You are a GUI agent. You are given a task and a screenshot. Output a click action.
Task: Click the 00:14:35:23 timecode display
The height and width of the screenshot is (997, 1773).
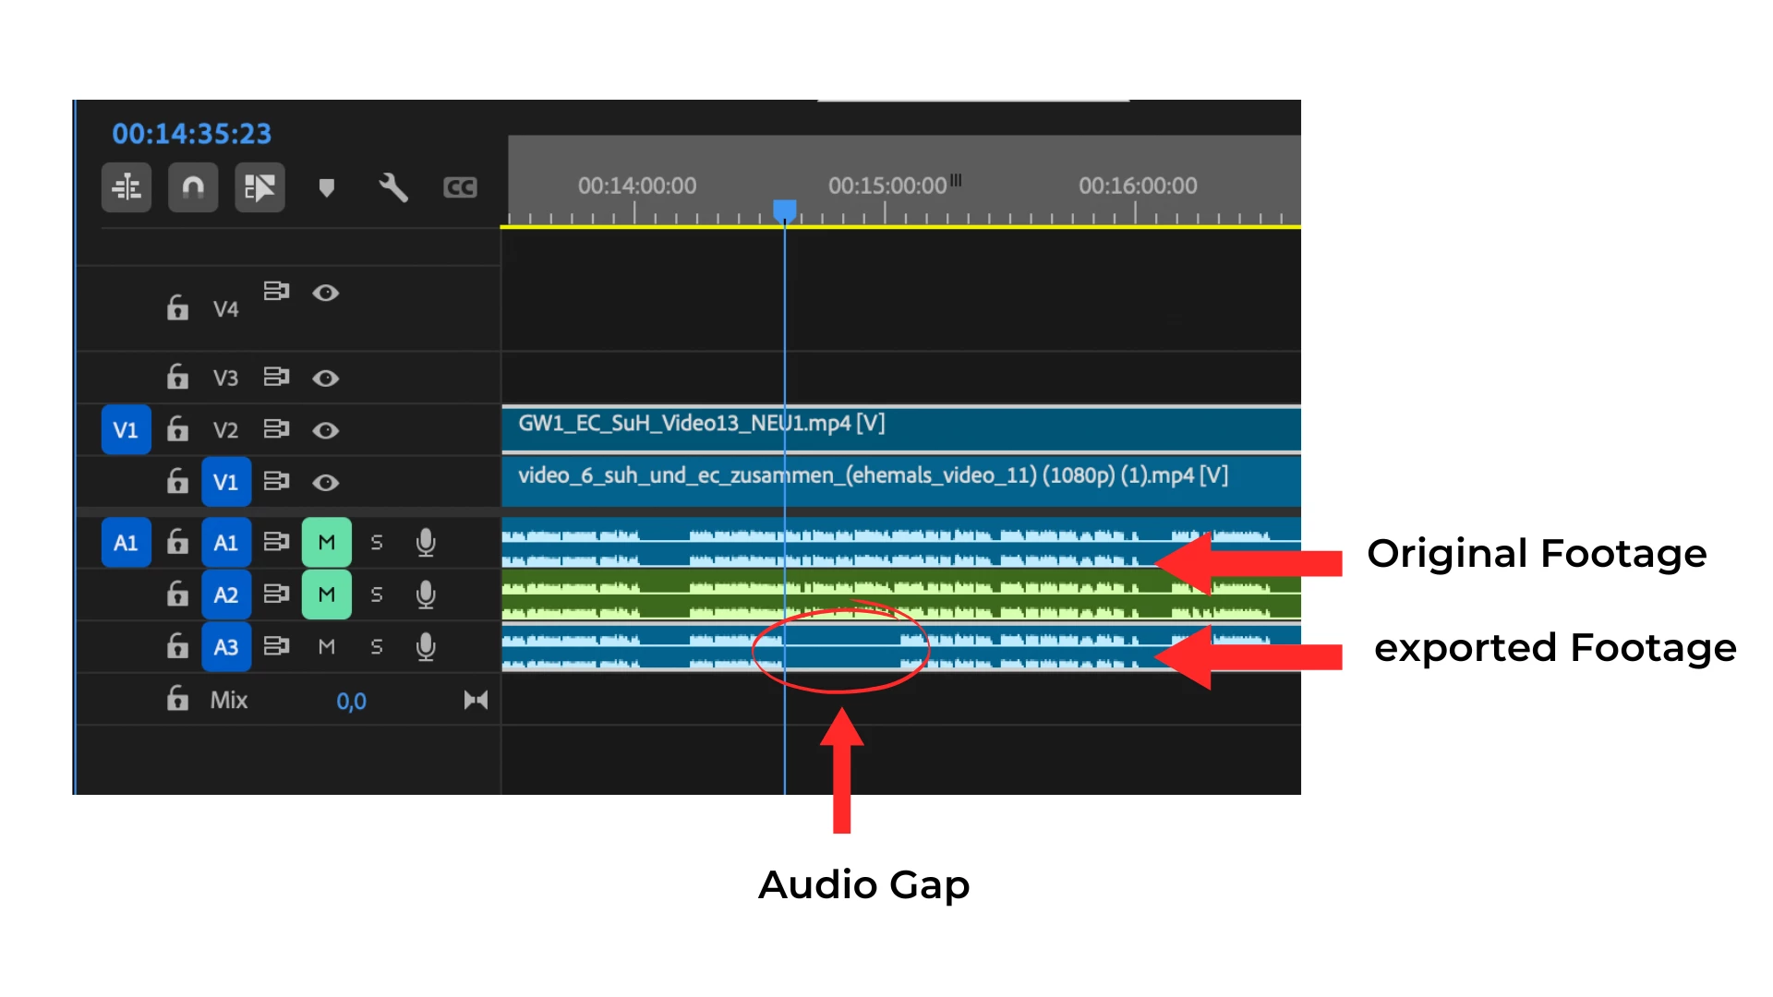click(191, 134)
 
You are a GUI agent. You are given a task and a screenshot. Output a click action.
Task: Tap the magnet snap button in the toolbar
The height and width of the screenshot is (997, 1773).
click(193, 187)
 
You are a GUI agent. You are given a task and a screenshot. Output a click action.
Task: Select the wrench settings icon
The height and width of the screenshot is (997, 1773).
click(393, 187)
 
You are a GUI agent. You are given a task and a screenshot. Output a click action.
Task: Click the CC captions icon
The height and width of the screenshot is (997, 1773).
click(460, 187)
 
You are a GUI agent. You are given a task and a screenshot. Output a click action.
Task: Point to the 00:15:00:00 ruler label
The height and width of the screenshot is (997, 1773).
click(887, 186)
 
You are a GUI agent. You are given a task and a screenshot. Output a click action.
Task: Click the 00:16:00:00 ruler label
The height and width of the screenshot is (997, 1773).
click(1138, 186)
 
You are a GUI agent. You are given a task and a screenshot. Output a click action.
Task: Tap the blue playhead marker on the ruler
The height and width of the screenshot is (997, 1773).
click(785, 211)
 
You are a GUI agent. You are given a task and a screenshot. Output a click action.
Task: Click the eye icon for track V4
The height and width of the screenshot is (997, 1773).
click(325, 293)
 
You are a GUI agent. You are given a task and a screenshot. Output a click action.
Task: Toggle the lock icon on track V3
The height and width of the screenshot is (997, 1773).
click(177, 377)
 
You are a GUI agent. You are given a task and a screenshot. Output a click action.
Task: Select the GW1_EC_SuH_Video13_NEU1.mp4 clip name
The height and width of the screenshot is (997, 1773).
click(701, 423)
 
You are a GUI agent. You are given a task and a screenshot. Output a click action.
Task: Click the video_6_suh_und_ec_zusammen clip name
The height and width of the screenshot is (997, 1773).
click(873, 475)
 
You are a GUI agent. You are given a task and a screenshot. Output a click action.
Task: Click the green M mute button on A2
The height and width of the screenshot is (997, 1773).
click(327, 595)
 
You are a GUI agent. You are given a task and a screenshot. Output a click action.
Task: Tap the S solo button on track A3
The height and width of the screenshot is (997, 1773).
click(377, 647)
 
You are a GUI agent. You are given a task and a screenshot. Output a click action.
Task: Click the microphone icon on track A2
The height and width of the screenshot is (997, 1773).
click(426, 595)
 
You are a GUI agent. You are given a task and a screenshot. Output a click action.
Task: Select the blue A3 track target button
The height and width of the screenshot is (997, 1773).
click(226, 647)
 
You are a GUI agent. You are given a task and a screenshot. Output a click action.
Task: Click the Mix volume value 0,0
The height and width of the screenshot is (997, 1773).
click(351, 702)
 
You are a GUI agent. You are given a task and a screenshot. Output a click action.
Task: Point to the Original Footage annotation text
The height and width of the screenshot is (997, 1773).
click(1537, 554)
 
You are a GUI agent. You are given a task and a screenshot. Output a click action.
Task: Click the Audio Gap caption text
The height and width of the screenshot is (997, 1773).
click(864, 885)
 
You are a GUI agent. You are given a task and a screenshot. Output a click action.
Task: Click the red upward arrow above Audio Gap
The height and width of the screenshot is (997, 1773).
click(841, 771)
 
